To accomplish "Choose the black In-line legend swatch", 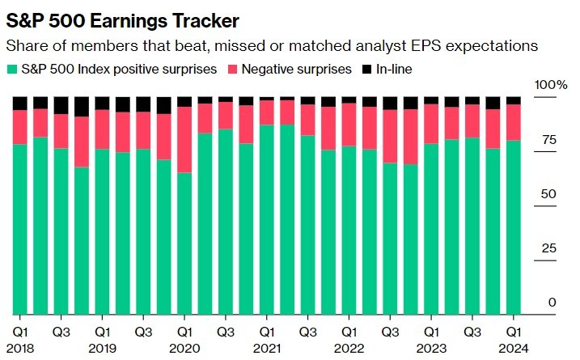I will coord(365,70).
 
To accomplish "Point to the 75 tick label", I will coord(548,140).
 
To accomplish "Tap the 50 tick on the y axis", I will coord(548,194).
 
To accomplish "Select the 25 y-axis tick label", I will coord(548,248).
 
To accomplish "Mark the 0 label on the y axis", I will coord(552,302).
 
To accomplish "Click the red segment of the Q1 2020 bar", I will coord(184,139).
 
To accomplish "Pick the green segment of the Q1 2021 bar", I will coord(266,218).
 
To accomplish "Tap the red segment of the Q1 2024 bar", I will coord(513,122).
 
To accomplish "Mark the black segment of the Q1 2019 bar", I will coord(103,103).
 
